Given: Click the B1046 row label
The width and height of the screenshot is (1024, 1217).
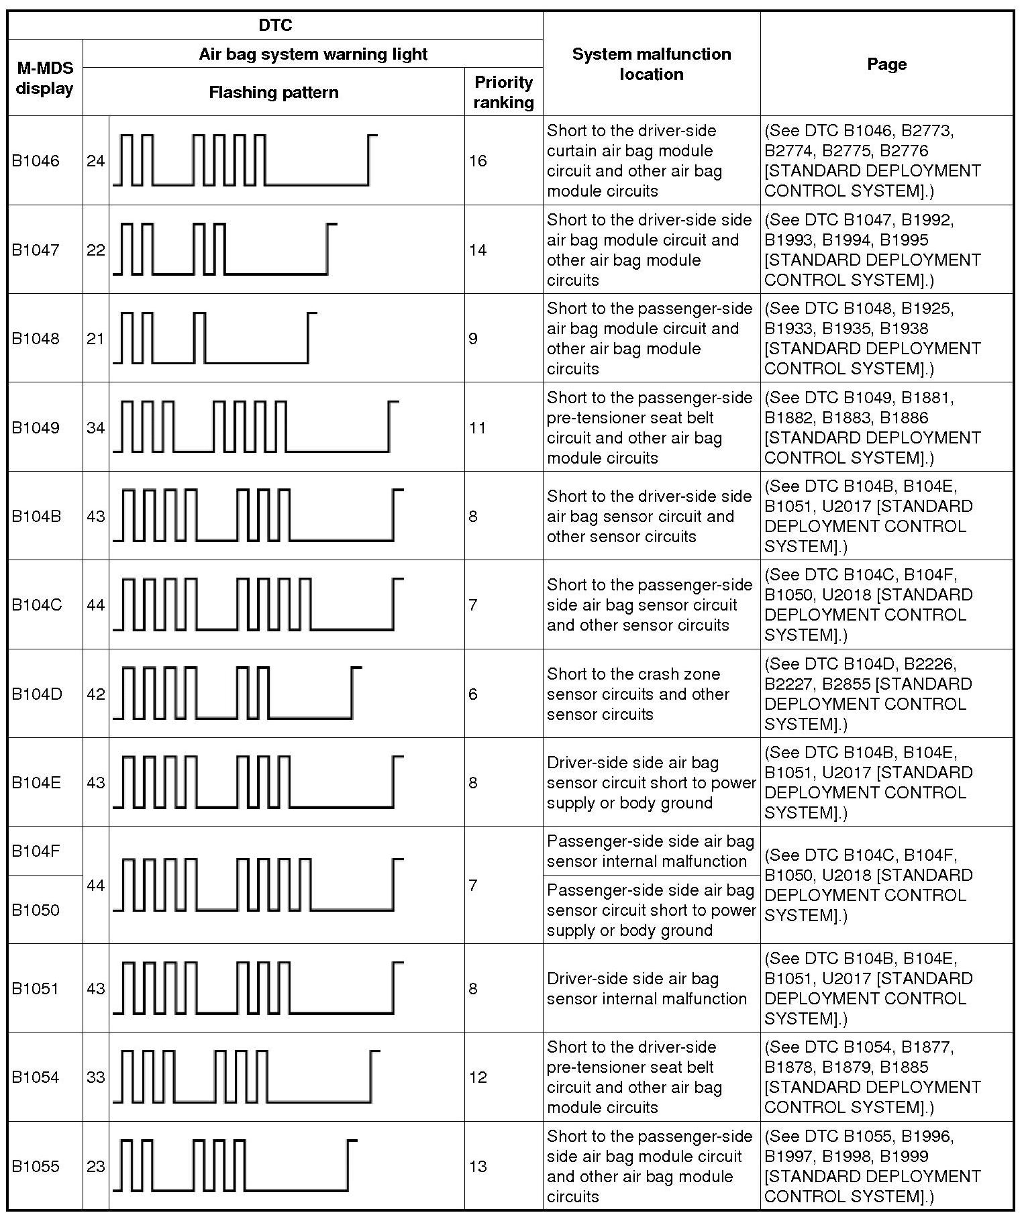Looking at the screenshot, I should click(36, 161).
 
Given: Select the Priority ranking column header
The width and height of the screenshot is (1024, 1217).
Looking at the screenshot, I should click(503, 92).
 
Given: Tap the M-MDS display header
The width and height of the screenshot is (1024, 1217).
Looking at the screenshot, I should click(45, 78).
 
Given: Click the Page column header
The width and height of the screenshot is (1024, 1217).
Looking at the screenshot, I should click(886, 64).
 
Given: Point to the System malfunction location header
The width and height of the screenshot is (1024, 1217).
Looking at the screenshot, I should click(651, 64).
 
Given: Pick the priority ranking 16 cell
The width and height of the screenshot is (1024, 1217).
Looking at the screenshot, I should click(478, 161).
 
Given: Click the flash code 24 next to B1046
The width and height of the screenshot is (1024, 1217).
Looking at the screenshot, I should click(95, 161).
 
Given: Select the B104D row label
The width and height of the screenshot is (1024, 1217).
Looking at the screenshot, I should click(37, 694).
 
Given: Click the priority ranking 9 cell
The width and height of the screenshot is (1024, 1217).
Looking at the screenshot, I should click(474, 338).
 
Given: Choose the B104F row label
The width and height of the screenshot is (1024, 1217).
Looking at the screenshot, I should click(36, 851).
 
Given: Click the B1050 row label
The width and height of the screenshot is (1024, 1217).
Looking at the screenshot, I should click(36, 910).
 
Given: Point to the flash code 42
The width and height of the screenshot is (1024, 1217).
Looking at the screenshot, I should click(95, 694).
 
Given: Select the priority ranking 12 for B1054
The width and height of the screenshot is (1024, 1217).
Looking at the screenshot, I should click(478, 1077).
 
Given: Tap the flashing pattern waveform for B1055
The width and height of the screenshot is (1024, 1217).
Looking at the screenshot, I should click(235, 1167).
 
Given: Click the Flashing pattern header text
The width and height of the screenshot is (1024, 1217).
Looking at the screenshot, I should click(273, 93).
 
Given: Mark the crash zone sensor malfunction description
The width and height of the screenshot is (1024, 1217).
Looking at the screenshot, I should click(637, 694).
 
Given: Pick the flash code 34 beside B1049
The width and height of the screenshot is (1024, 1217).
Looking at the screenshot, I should click(95, 427).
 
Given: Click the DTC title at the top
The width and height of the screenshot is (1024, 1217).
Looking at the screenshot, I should click(275, 25).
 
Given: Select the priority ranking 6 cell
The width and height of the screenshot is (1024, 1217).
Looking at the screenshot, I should click(474, 694).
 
